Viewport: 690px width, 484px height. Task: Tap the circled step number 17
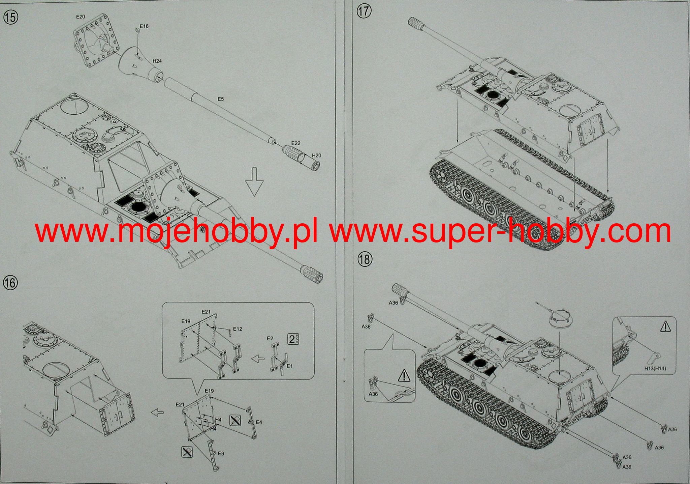pyautogui.click(x=364, y=11)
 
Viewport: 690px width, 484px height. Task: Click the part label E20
pyautogui.click(x=81, y=17)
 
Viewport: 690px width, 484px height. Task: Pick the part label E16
pyautogui.click(x=144, y=26)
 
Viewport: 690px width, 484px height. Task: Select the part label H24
pyautogui.click(x=157, y=61)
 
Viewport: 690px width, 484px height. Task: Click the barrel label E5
pyautogui.click(x=220, y=99)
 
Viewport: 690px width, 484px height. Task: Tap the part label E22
pyautogui.click(x=295, y=143)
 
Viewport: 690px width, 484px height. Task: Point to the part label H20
pyautogui.click(x=316, y=155)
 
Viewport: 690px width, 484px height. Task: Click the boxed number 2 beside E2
pyautogui.click(x=292, y=339)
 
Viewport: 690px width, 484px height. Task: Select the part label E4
pyautogui.click(x=259, y=422)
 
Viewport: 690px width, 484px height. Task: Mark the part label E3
pyautogui.click(x=221, y=454)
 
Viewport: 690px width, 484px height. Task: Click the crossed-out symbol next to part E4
pyautogui.click(x=235, y=420)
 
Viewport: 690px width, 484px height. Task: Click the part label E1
pyautogui.click(x=289, y=366)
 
